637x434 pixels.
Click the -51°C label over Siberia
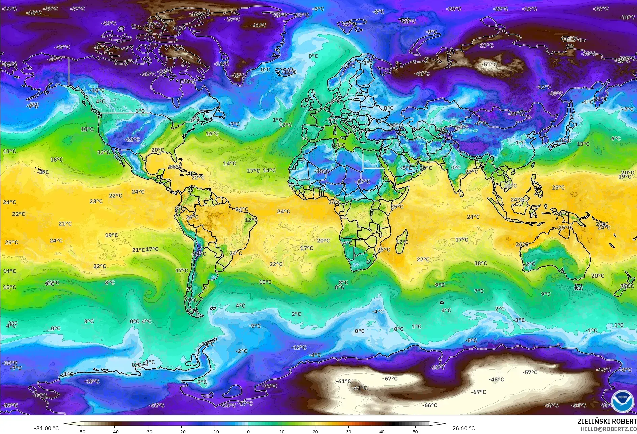tap(490, 64)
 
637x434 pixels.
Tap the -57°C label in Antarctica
tap(530, 372)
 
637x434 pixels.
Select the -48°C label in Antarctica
tap(496, 379)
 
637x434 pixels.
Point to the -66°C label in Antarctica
tap(430, 405)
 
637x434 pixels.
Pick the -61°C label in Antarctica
tap(343, 381)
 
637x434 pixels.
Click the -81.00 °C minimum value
tap(46, 428)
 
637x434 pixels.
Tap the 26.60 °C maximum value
tap(463, 428)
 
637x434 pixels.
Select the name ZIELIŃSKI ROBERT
tap(607, 421)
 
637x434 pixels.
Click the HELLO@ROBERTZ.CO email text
tap(609, 429)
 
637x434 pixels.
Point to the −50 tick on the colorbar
tap(81, 431)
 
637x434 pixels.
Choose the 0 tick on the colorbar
tap(248, 431)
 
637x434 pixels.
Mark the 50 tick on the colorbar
tap(415, 431)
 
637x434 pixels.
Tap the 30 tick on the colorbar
tap(348, 431)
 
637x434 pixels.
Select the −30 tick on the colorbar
tap(148, 431)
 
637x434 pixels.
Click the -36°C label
tap(628, 17)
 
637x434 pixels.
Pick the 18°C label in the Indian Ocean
tap(481, 263)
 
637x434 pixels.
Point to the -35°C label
tap(39, 395)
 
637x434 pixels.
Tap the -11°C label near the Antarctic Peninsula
tap(207, 344)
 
